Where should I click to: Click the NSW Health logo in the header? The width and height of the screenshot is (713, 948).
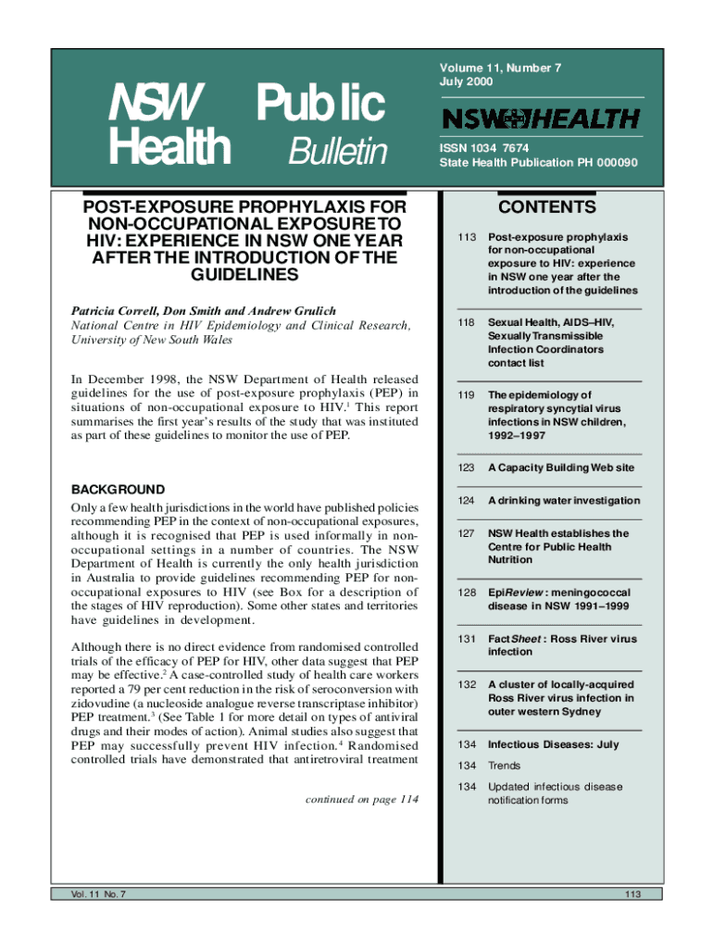541,119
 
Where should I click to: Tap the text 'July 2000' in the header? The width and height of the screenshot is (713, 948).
468,82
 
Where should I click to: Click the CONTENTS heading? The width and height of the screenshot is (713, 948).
546,207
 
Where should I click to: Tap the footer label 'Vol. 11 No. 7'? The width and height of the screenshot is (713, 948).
91,893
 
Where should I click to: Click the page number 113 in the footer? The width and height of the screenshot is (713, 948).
633,893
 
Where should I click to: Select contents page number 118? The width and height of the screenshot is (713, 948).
465,322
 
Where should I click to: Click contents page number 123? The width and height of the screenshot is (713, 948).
465,468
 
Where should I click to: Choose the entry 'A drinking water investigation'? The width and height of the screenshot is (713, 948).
564,501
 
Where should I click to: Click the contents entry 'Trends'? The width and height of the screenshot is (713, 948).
505,766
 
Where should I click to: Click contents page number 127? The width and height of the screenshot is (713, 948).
465,534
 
